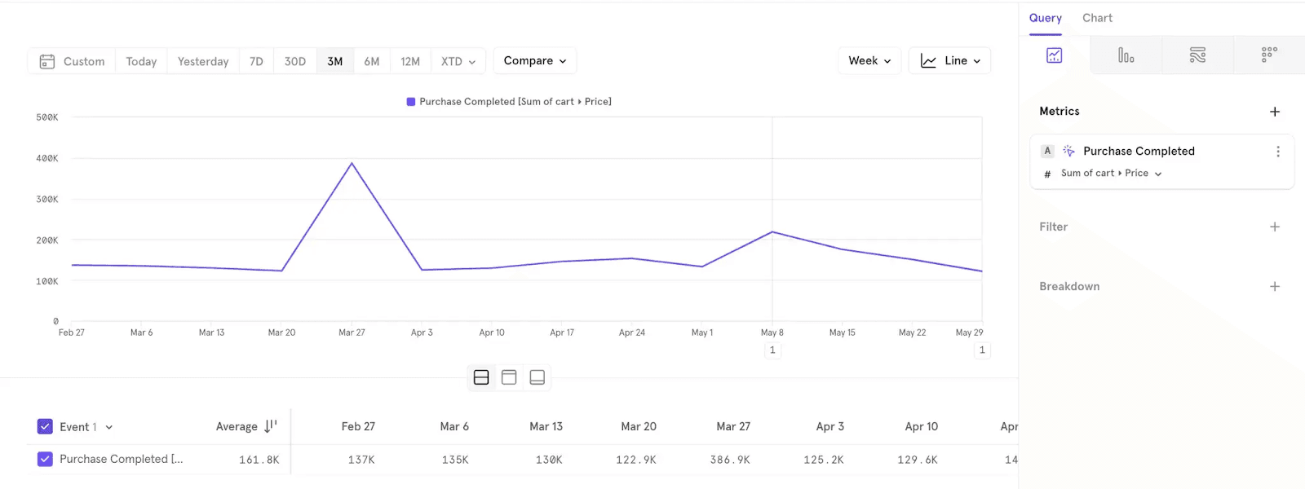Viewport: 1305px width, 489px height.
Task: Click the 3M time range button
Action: [x=334, y=61]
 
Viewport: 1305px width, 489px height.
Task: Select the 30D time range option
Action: [x=294, y=61]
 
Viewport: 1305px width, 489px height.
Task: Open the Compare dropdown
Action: [x=534, y=61]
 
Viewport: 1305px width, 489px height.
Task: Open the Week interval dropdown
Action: [x=869, y=61]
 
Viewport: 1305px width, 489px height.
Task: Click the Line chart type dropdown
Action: [x=949, y=61]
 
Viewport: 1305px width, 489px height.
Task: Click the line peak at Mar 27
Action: [x=352, y=163]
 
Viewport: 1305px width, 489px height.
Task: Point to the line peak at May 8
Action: [x=772, y=232]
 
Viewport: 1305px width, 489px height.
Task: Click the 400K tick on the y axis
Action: [x=47, y=158]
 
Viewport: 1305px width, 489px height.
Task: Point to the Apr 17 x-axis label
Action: [x=562, y=333]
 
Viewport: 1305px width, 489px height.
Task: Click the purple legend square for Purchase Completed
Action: [x=411, y=102]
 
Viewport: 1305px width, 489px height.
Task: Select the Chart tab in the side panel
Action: [x=1097, y=18]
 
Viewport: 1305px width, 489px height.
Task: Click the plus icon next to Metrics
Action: [x=1275, y=112]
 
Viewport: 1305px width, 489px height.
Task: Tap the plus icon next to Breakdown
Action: [x=1275, y=287]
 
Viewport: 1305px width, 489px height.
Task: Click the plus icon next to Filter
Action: [x=1275, y=227]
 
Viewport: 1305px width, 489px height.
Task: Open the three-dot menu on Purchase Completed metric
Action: [x=1278, y=152]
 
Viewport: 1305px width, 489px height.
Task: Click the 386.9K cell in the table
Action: [x=729, y=460]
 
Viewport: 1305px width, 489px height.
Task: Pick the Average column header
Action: [x=237, y=426]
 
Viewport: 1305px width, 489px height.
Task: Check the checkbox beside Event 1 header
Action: [x=45, y=426]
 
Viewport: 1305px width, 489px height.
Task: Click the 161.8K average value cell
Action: [x=259, y=460]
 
